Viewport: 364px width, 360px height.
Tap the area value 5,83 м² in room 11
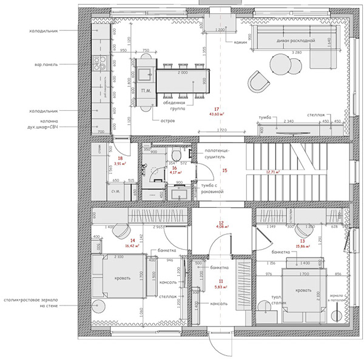coord(221,286)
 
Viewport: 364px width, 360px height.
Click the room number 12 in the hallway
coord(221,223)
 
